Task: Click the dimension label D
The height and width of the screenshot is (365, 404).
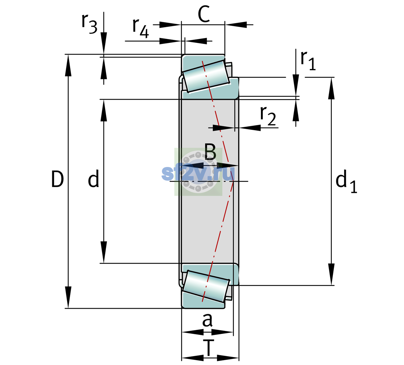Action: click(x=57, y=179)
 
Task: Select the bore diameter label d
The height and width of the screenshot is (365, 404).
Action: click(x=94, y=179)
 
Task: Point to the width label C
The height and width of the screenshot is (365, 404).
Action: click(x=204, y=14)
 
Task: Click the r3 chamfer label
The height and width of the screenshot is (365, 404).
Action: click(x=89, y=24)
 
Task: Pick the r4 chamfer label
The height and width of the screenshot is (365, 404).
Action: click(x=141, y=28)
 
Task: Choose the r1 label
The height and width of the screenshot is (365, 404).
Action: click(x=308, y=61)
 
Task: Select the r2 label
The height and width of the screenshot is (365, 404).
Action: click(x=268, y=116)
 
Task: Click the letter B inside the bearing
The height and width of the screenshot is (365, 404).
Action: click(x=210, y=151)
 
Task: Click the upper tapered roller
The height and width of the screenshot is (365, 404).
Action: click(x=206, y=76)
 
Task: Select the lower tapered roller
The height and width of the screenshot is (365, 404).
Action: click(x=206, y=287)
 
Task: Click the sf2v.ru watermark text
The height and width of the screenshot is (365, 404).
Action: click(x=198, y=173)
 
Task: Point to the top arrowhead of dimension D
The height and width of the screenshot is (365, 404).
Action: click(x=68, y=65)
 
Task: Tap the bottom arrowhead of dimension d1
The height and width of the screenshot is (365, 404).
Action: click(x=331, y=274)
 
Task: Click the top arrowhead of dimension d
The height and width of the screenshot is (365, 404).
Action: click(x=104, y=110)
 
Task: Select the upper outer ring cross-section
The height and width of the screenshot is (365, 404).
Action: click(x=204, y=63)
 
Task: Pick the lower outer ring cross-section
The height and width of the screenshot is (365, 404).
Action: click(x=204, y=301)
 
